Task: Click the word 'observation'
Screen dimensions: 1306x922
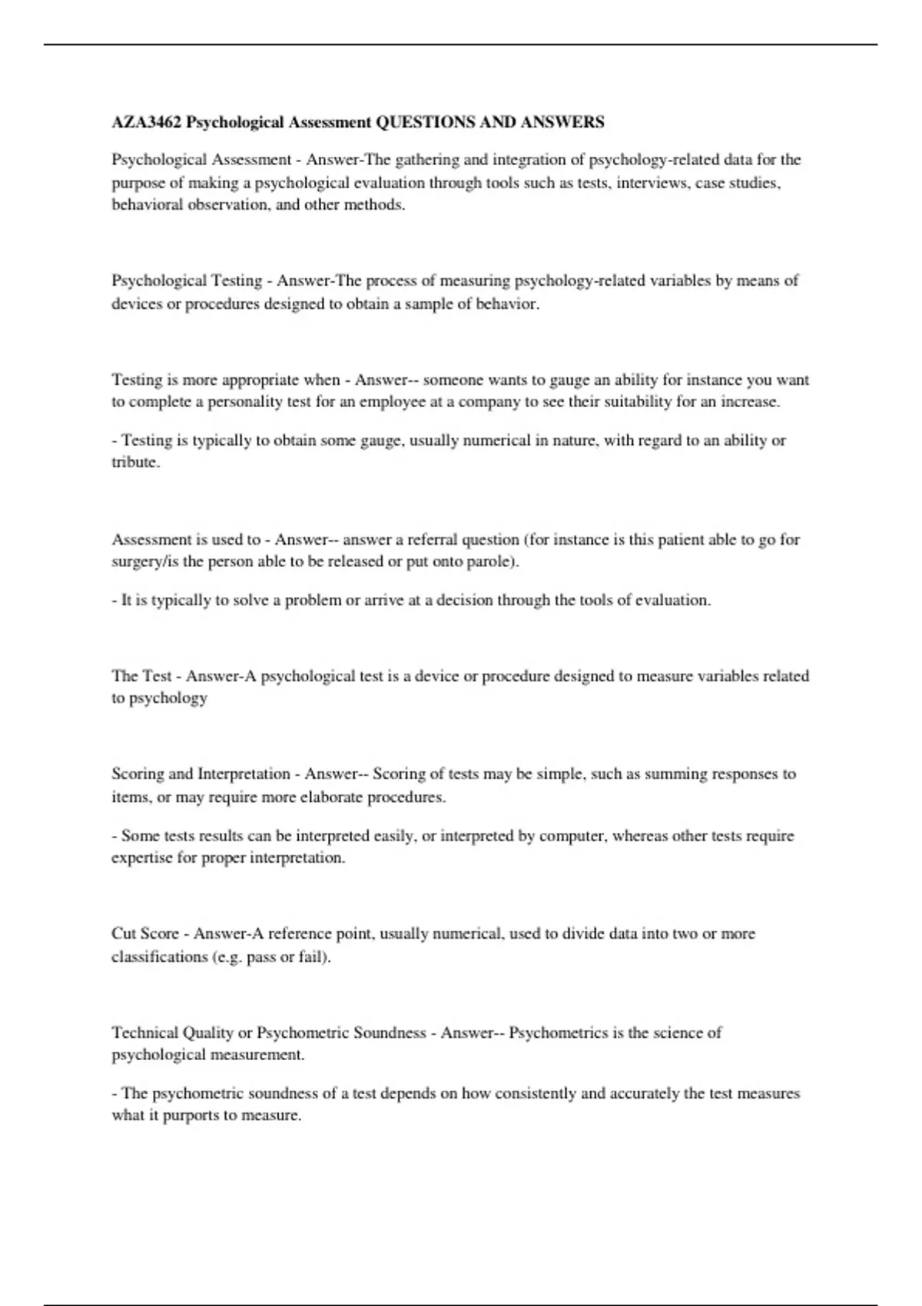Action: pyautogui.click(x=228, y=205)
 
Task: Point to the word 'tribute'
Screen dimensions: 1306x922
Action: pyautogui.click(x=134, y=462)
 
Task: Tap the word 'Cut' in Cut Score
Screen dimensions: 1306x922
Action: pyautogui.click(x=124, y=934)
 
